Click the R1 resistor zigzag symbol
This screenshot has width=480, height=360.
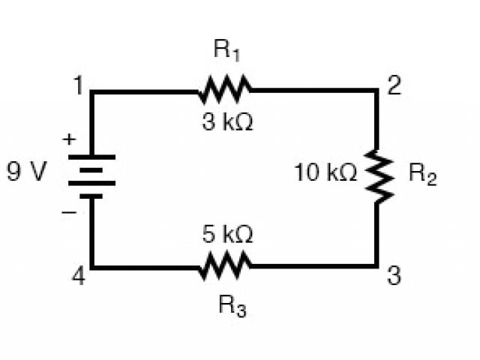click(x=225, y=91)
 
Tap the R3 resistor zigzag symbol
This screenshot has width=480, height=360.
click(x=225, y=265)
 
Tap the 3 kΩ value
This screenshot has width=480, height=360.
click(x=227, y=122)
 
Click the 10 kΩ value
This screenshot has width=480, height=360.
click(x=325, y=173)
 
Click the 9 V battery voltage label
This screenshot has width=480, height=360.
click(x=27, y=173)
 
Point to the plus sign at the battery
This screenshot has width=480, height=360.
click(x=69, y=139)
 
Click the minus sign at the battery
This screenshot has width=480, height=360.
click(x=68, y=213)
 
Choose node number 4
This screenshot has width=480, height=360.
click(x=77, y=277)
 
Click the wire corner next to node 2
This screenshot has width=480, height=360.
click(x=376, y=91)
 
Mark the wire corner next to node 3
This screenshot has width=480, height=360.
click(x=376, y=265)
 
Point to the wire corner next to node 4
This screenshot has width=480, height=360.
click(x=92, y=265)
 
